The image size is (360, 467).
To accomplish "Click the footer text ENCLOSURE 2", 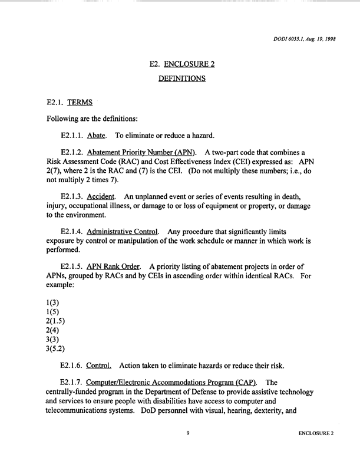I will coord(316,450).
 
